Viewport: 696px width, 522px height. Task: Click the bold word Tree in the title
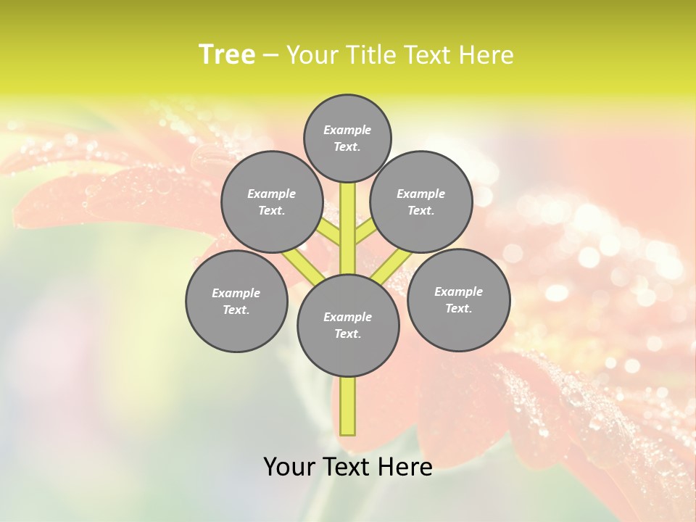click(227, 54)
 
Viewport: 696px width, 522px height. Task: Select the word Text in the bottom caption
click(347, 466)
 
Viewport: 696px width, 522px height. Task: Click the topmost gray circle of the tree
click(347, 138)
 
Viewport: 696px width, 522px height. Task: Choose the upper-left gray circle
click(272, 202)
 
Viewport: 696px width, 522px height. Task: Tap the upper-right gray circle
click(421, 202)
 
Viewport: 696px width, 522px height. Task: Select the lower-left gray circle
click(236, 301)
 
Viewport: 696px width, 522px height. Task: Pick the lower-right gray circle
click(458, 299)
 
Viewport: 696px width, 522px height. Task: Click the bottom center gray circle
click(348, 326)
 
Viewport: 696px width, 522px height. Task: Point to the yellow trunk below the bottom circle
click(348, 406)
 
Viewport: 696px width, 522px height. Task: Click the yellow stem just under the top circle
click(348, 199)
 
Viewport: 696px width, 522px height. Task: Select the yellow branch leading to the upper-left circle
click(330, 233)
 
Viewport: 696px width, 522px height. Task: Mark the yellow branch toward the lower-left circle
click(303, 266)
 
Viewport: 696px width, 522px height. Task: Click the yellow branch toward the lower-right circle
click(392, 266)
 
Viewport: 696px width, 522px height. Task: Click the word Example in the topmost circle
click(347, 130)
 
